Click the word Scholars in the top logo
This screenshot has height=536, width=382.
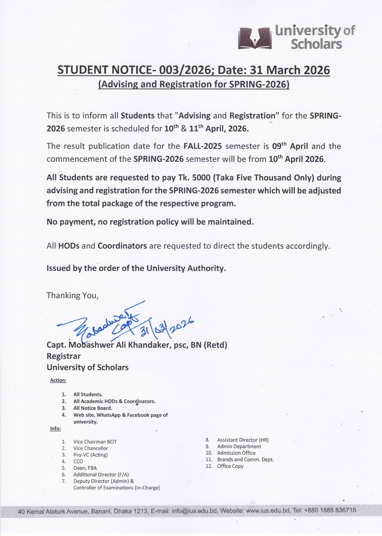[316, 44]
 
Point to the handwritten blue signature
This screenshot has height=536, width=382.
[100, 325]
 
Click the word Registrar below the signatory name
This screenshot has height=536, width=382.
[64, 356]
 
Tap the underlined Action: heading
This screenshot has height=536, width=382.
[58, 380]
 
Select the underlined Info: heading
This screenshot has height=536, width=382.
[56, 428]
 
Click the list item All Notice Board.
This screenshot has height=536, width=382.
[93, 408]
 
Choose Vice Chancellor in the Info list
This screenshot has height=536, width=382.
[91, 448]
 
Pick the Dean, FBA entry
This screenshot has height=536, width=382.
[85, 468]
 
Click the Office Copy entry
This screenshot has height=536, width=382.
[230, 466]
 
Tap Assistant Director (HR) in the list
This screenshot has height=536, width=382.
[243, 440]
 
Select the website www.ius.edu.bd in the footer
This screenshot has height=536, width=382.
[268, 511]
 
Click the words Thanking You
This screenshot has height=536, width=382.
[72, 295]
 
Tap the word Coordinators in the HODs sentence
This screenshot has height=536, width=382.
[122, 246]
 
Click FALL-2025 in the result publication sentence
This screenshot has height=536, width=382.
[203, 146]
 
